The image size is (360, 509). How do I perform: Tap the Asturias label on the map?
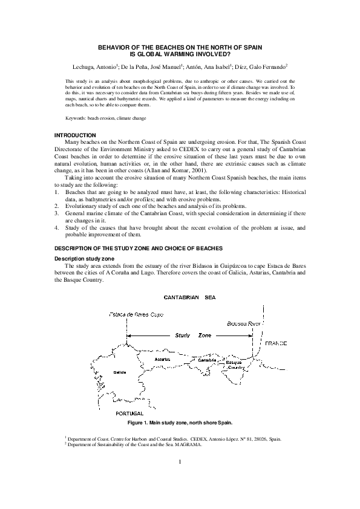click(163, 359)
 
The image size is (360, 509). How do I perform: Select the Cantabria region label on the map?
click(208, 360)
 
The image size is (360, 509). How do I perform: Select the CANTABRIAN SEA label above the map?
click(189, 297)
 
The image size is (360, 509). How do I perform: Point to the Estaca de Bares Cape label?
click(136, 314)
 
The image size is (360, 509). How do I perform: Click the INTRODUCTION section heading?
click(76, 134)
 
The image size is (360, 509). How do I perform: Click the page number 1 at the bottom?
click(180, 462)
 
